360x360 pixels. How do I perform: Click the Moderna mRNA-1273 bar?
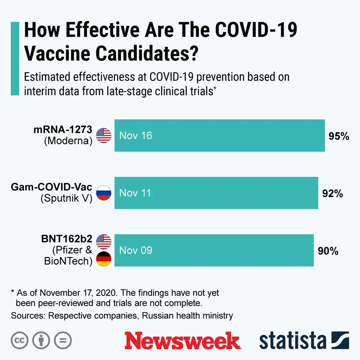coord(220,136)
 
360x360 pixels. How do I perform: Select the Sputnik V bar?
coord(216,193)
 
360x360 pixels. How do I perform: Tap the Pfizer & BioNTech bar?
coord(214,250)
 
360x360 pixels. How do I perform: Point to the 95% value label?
coord(339,136)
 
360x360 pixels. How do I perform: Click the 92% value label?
coord(332,193)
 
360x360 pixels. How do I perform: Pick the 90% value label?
coord(328,251)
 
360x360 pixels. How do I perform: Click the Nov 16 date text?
coord(136,136)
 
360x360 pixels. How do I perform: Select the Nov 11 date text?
coord(135,193)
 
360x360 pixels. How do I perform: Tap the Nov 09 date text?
coord(136,250)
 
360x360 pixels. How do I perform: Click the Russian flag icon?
coord(104,193)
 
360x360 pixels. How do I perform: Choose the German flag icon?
coord(104,259)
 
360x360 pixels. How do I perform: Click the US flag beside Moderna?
coord(104,136)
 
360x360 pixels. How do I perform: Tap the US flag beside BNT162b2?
coord(104,242)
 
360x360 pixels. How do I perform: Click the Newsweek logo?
coord(182,341)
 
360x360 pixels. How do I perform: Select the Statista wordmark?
coord(292,341)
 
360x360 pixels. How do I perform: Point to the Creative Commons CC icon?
coord(19,340)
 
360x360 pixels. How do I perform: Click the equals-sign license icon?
coord(63,340)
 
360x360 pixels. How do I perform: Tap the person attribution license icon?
coord(41,340)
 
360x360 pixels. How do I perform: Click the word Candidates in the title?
coord(147,53)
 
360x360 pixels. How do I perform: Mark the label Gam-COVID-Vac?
coord(51,187)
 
